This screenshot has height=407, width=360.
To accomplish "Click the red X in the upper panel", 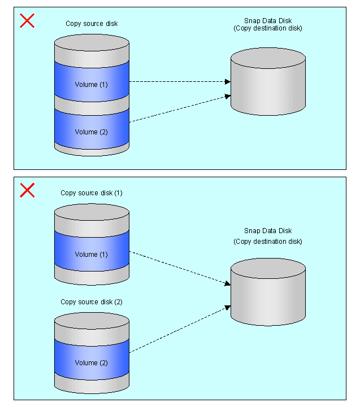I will [x=27, y=21].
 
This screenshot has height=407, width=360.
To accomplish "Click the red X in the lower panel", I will [x=27, y=190].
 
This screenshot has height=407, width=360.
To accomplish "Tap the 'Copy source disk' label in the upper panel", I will [x=92, y=24].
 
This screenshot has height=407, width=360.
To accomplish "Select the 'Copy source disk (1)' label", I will [x=92, y=193].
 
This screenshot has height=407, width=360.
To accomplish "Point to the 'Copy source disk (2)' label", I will [x=92, y=302].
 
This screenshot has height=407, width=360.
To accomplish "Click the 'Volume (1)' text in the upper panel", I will [x=92, y=85].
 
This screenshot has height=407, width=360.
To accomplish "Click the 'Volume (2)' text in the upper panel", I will [x=92, y=132].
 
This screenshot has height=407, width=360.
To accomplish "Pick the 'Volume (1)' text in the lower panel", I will [x=92, y=255].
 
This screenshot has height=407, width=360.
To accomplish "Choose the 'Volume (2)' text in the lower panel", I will [x=92, y=363].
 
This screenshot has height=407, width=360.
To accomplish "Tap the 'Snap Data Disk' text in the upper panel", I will [x=268, y=20].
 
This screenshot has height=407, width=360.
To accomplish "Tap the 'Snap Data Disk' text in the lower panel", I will [x=268, y=231].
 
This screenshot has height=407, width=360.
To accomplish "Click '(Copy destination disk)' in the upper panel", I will [x=268, y=28].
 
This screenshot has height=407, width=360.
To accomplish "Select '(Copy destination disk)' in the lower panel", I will [x=268, y=242].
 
